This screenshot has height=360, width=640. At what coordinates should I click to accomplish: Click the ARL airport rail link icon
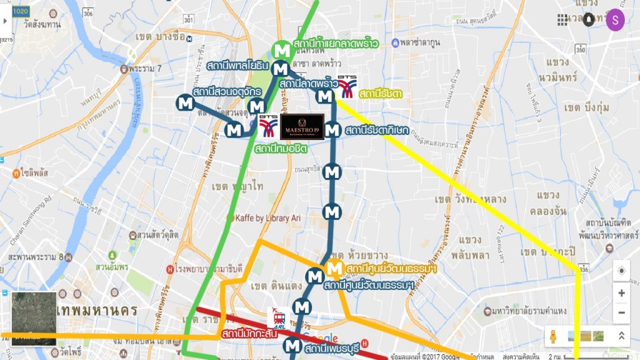click(x=276, y=317)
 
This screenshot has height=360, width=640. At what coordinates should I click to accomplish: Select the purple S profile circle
click(x=615, y=20)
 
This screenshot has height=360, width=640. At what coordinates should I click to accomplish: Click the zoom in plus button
click(x=621, y=292)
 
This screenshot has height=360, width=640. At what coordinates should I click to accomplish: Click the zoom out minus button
click(x=621, y=312)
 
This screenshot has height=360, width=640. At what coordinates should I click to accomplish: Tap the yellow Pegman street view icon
click(x=554, y=336)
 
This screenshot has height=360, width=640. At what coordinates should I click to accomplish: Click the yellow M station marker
click(x=334, y=269)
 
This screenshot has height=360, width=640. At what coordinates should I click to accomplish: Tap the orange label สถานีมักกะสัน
click(x=249, y=334)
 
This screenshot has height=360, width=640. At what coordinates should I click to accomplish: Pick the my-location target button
click(x=621, y=271)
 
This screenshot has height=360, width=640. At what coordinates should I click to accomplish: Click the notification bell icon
click(x=589, y=20)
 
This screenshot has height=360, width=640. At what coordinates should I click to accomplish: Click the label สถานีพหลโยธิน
click(x=237, y=65)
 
